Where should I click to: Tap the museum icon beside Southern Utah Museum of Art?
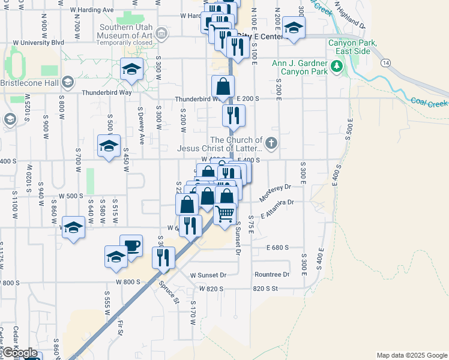pyautogui.click(x=160, y=33)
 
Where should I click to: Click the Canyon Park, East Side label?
pyautogui.click(x=352, y=47)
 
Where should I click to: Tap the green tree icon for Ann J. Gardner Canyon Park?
pyautogui.click(x=336, y=66)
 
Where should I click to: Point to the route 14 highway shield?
pyautogui.click(x=384, y=62)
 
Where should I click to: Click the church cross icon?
pyautogui.click(x=271, y=143)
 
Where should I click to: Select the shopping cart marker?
pyautogui.click(x=224, y=212)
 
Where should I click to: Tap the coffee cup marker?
pyautogui.click(x=131, y=245)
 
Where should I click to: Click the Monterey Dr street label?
pyautogui.click(x=275, y=193)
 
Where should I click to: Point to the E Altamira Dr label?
pyautogui.click(x=277, y=209)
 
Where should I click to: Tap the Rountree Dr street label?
pyautogui.click(x=272, y=275)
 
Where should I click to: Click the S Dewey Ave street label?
pyautogui.click(x=140, y=129)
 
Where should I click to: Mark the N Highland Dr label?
pyautogui.click(x=349, y=17)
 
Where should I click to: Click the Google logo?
pyautogui.click(x=19, y=352)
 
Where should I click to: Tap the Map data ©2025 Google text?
pyautogui.click(x=411, y=355)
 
